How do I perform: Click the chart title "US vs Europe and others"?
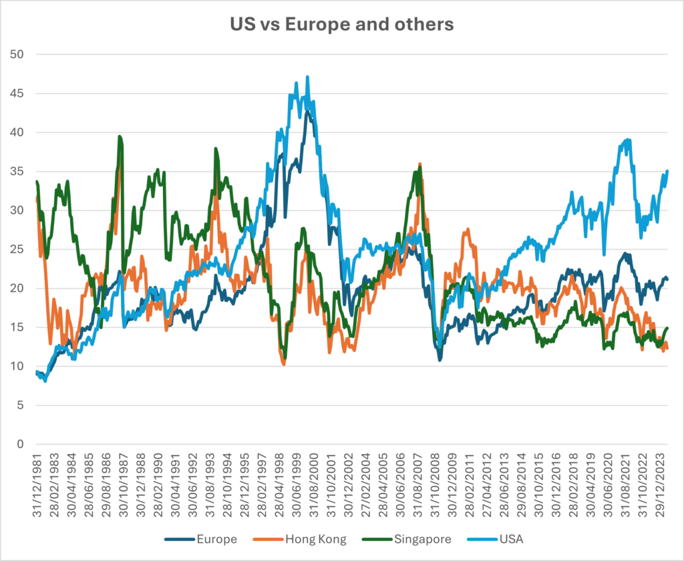tap(341, 25)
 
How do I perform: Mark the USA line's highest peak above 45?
tap(307, 77)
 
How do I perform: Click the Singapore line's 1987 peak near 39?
tap(120, 136)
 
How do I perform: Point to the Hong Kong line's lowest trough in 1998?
tap(284, 364)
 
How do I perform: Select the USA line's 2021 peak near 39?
tap(627, 140)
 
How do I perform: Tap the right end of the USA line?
tap(668, 171)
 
